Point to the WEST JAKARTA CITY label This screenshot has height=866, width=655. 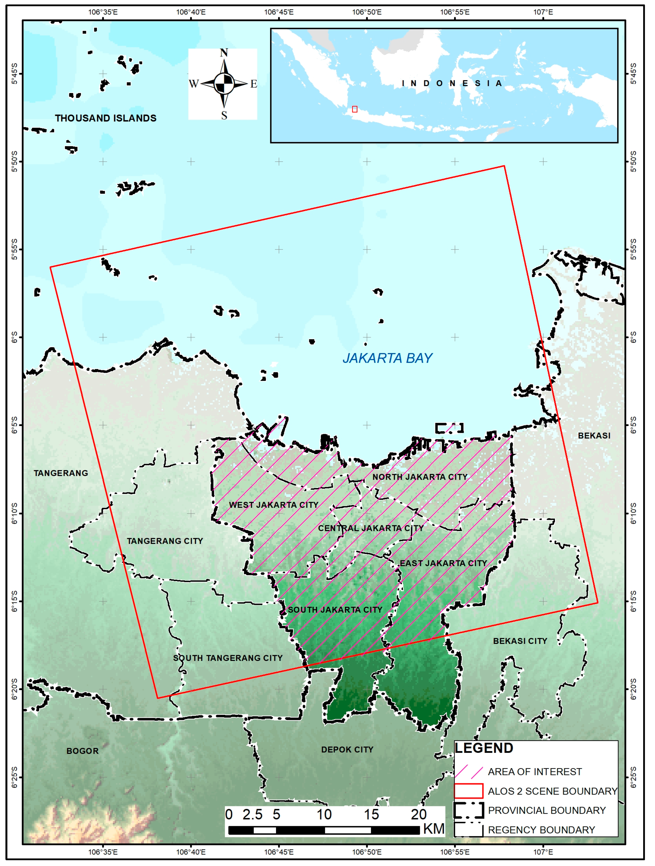pos(273,505)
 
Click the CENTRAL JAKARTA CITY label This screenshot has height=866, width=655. pos(371,528)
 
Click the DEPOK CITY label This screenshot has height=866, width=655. pos(347,749)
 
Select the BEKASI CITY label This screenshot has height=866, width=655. pos(520,641)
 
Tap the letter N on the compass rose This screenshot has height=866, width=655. pos(224,53)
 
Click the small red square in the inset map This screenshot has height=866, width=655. pos(354,109)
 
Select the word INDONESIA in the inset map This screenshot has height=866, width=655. pos(452,83)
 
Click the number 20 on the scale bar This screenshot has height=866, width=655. pos(418,814)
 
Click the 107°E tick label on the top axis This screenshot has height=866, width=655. pos(543,12)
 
